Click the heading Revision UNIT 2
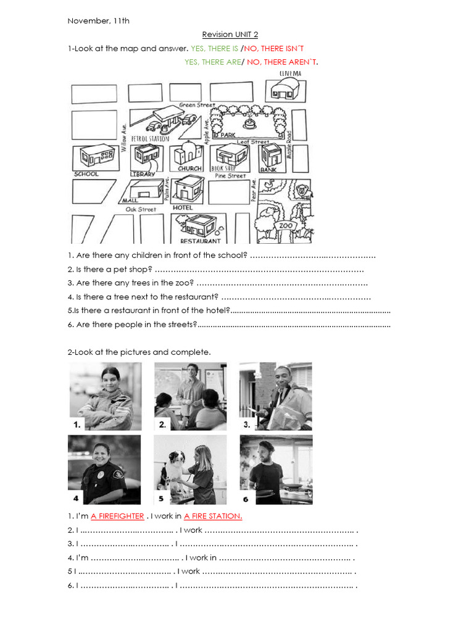pos(230,35)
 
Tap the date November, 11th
pos(98,21)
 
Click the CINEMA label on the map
pos(290,73)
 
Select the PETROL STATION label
pos(149,139)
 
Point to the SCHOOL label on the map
pos(86,174)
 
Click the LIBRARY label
pos(142,174)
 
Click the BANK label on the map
pos(268,169)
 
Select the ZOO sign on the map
pos(286,226)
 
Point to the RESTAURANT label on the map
pos(200,241)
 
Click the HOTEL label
pos(183,208)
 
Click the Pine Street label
pos(230,176)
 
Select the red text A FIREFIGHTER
pos(117,516)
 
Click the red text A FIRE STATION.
pos(213,516)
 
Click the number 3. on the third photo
pos(246,424)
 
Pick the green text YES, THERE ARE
pos(212,62)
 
